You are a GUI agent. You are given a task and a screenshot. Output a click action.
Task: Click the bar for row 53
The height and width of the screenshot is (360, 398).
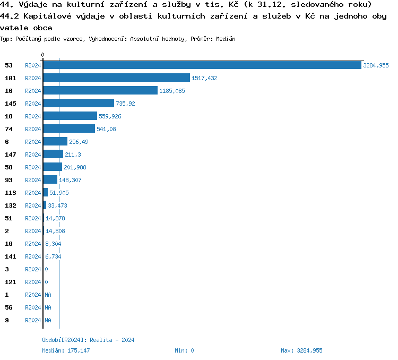point(202,65)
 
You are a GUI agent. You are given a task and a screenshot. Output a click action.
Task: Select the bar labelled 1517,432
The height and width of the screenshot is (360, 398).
point(116,78)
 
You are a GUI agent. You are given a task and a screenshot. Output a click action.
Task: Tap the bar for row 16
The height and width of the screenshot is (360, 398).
point(100,91)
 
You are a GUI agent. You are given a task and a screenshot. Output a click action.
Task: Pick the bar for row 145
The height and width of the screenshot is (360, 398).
point(79,104)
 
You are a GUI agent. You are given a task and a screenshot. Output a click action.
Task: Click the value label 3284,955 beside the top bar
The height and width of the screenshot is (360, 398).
point(376,65)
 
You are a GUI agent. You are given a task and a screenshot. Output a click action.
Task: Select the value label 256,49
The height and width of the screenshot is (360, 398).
point(79,142)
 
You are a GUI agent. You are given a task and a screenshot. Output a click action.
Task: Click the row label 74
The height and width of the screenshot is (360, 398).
point(8,129)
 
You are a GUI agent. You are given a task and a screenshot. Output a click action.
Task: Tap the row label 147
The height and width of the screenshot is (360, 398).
point(11,155)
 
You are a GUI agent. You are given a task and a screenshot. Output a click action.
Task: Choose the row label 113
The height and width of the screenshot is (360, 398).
point(11,193)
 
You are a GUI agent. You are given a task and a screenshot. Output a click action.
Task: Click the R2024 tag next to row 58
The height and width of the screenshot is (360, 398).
point(33,167)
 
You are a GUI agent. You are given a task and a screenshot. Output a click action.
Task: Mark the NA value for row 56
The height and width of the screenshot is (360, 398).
point(48,307)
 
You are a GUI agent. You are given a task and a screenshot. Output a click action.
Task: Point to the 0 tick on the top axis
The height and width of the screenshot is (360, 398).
point(43,55)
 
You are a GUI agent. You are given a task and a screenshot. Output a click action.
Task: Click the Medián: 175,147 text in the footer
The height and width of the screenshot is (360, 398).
point(66,350)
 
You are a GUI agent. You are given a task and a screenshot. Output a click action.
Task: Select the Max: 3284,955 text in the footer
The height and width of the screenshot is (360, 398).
point(301,350)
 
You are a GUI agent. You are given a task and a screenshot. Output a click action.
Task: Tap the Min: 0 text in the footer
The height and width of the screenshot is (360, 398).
point(184,350)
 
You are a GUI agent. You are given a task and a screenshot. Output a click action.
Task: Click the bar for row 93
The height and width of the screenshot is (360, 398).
point(50,180)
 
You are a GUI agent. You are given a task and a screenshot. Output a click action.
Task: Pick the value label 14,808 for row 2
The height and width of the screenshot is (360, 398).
point(55,231)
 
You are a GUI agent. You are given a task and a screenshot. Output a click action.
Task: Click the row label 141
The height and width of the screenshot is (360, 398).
point(11,256)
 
